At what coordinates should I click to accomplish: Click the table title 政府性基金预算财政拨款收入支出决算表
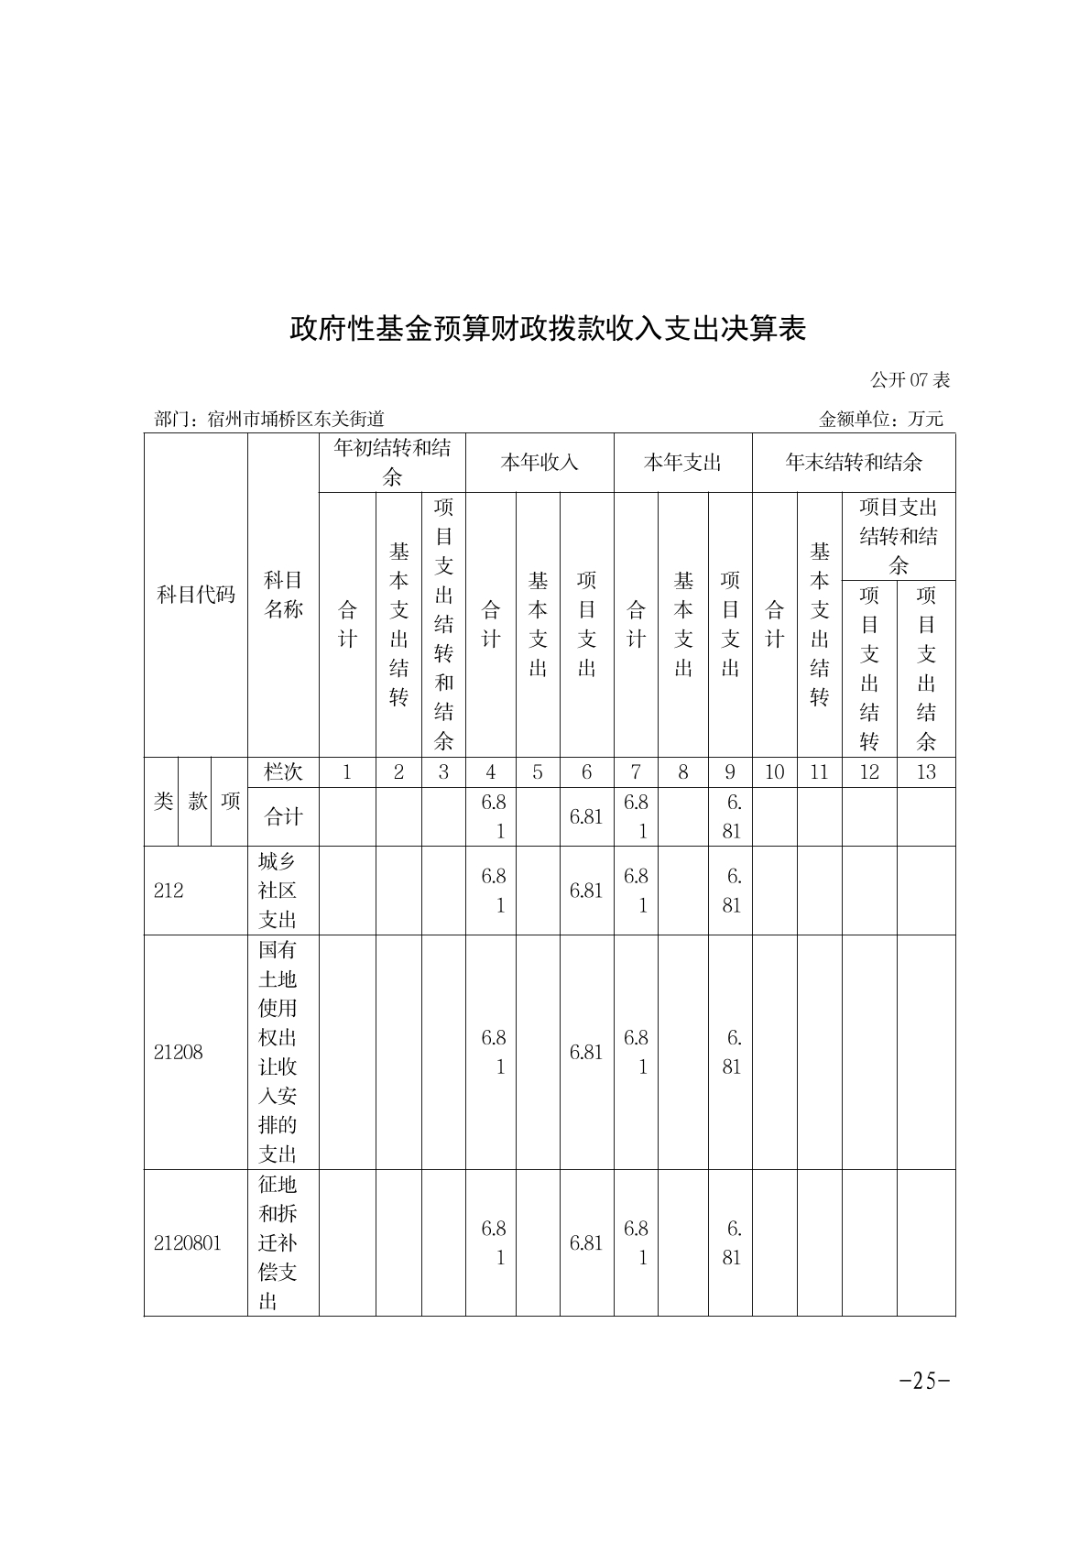(x=547, y=328)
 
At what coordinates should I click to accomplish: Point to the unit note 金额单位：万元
(x=880, y=419)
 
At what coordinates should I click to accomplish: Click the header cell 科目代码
(x=195, y=595)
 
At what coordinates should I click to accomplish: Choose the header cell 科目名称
(x=283, y=595)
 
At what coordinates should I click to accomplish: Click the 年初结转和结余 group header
(x=392, y=463)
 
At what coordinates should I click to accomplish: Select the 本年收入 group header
(x=539, y=463)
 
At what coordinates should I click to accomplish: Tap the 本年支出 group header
(x=682, y=463)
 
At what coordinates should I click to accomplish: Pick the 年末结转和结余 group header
(x=853, y=463)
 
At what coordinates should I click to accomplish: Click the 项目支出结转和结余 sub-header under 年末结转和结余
(x=898, y=536)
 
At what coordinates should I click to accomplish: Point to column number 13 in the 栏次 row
(x=925, y=771)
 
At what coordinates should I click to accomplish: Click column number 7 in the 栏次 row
(x=636, y=771)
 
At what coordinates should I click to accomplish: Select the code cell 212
(x=169, y=891)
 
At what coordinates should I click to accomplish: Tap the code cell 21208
(x=178, y=1052)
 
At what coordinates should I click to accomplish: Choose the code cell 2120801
(x=187, y=1242)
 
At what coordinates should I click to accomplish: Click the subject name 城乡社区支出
(x=278, y=891)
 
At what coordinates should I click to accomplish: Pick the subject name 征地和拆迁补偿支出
(x=278, y=1242)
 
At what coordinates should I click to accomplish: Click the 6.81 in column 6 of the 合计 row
(x=586, y=816)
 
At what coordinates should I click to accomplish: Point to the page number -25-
(x=924, y=1381)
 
